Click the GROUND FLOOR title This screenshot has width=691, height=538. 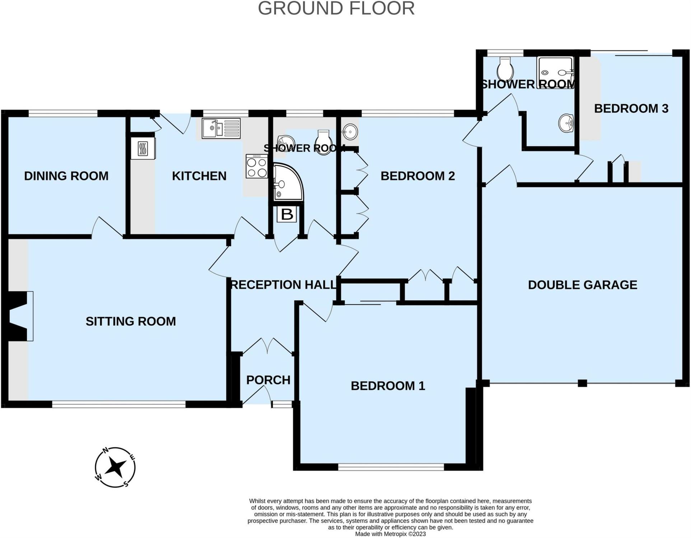tap(336, 8)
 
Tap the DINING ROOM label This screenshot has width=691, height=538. tap(66, 176)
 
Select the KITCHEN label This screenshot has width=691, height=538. tap(199, 176)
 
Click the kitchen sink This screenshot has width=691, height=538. tap(221, 128)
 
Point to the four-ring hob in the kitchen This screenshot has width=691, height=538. tap(257, 166)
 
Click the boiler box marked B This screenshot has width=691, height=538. tap(287, 214)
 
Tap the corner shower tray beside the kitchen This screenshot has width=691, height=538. tap(288, 182)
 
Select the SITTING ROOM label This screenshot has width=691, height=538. tap(131, 321)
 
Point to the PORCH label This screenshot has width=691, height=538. tap(268, 380)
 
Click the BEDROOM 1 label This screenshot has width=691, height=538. tap(388, 386)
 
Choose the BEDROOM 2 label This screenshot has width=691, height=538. tap(417, 176)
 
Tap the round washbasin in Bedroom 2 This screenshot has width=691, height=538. tap(350, 132)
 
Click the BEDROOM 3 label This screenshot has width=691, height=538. tap(631, 108)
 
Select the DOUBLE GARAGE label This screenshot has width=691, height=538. tap(583, 285)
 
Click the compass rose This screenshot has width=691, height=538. tap(115, 467)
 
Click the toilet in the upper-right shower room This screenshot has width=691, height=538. tap(505, 69)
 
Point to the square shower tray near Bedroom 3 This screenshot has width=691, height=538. tap(555, 73)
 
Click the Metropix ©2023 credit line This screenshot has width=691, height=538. tap(390, 534)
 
